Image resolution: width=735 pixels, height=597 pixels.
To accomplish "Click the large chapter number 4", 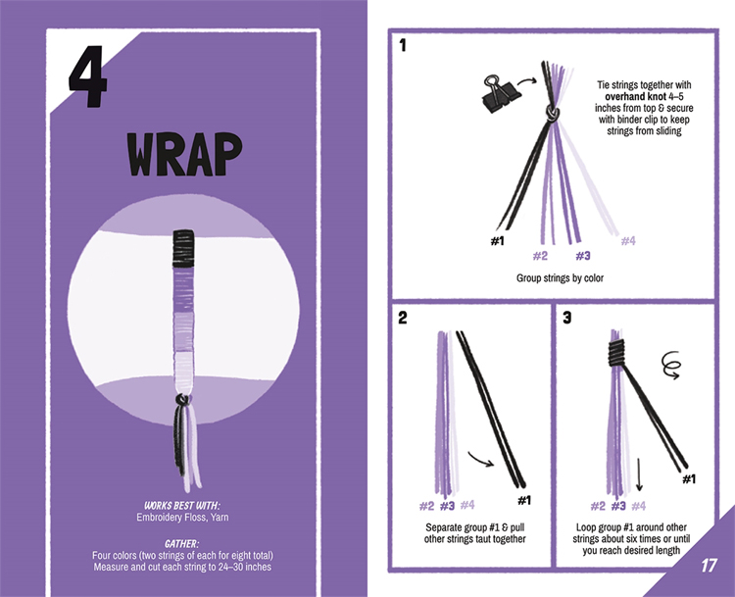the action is pyautogui.click(x=88, y=76).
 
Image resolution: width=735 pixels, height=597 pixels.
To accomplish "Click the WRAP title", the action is pyautogui.click(x=184, y=154).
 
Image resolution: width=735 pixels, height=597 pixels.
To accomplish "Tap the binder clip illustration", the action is pyautogui.click(x=499, y=93).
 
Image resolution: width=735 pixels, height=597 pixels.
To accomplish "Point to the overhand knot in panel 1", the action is pyautogui.click(x=552, y=113).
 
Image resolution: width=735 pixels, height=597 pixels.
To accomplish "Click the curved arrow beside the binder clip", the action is pyautogui.click(x=527, y=82).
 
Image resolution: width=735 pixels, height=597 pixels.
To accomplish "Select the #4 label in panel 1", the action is pyautogui.click(x=628, y=241).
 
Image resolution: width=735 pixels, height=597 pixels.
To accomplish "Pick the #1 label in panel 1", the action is pyautogui.click(x=497, y=241).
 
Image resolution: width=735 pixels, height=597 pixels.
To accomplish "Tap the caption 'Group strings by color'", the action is pyautogui.click(x=560, y=278).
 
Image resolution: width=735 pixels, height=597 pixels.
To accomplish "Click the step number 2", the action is pyautogui.click(x=402, y=318).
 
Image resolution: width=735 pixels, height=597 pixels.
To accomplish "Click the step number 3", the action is pyautogui.click(x=566, y=318).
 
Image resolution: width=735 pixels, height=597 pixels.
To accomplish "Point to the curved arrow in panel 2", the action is pyautogui.click(x=480, y=460).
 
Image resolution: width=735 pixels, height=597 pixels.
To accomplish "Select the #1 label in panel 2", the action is pyautogui.click(x=524, y=500).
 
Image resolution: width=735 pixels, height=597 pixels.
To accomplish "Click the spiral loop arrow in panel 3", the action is pyautogui.click(x=670, y=365).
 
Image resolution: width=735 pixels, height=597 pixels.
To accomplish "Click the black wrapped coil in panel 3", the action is pyautogui.click(x=617, y=353).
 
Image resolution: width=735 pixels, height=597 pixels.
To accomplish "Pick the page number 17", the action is pyautogui.click(x=709, y=565).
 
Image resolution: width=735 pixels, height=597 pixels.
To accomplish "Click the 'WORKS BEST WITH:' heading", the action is pyautogui.click(x=182, y=506).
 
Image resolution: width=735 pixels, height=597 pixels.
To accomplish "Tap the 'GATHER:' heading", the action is pyautogui.click(x=182, y=544).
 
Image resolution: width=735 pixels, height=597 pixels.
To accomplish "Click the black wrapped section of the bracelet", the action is pyautogui.click(x=183, y=248).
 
